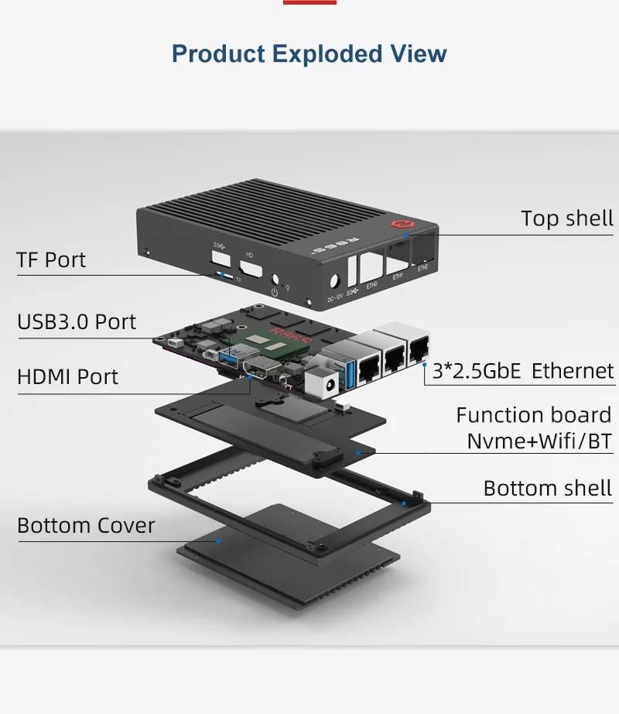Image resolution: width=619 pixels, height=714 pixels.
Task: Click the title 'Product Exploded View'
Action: coord(309,54)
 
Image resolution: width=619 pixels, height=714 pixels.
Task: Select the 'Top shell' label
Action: coord(566,218)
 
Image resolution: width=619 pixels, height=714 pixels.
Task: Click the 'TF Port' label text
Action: coord(51,259)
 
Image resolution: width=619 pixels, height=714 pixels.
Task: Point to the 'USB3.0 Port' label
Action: coord(77,321)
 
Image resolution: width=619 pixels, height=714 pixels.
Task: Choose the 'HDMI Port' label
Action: coord(67,377)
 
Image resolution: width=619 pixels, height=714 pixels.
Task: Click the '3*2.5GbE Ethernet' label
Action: coord(523,371)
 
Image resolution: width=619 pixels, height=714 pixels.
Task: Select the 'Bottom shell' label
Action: coord(547,489)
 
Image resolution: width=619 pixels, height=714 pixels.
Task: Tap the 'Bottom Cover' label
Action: coord(86,526)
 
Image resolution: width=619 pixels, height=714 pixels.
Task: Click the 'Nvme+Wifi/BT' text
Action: coord(539,442)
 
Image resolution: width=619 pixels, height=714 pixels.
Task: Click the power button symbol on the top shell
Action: coord(274,292)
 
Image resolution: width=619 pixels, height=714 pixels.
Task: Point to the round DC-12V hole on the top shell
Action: coord(336,283)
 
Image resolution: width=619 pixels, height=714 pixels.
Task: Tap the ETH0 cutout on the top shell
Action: coord(371,269)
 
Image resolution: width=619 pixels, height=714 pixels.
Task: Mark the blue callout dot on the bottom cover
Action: coord(220,541)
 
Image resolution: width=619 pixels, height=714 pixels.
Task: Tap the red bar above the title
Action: coord(309,2)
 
